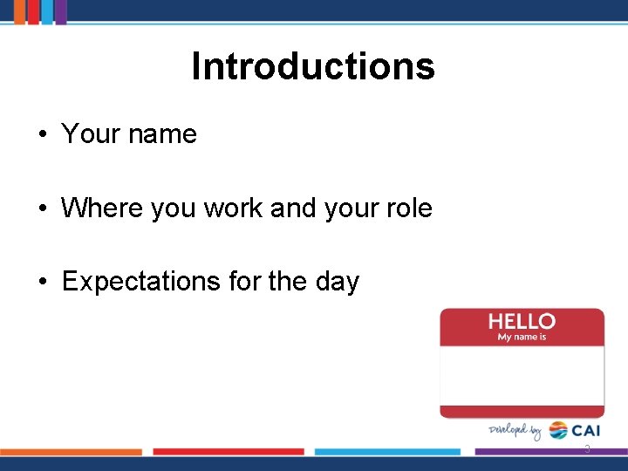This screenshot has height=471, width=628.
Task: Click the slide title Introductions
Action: click(313, 66)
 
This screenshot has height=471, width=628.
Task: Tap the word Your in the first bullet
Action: click(92, 134)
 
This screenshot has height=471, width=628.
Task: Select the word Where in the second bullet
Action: click(96, 208)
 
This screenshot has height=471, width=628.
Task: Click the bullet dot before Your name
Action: click(42, 135)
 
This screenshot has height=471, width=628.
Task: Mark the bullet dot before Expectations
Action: click(42, 283)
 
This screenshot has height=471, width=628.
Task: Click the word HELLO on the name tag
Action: click(522, 322)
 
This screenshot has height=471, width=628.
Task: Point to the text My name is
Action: click(522, 338)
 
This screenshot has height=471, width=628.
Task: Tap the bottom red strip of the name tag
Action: click(522, 411)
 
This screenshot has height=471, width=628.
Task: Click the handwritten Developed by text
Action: click(515, 431)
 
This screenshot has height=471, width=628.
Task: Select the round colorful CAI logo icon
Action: click(558, 431)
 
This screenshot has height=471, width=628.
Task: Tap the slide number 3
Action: click(587, 449)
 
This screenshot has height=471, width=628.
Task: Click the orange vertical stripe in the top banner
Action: click(20, 11)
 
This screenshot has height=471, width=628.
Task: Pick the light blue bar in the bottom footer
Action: click(387, 452)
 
